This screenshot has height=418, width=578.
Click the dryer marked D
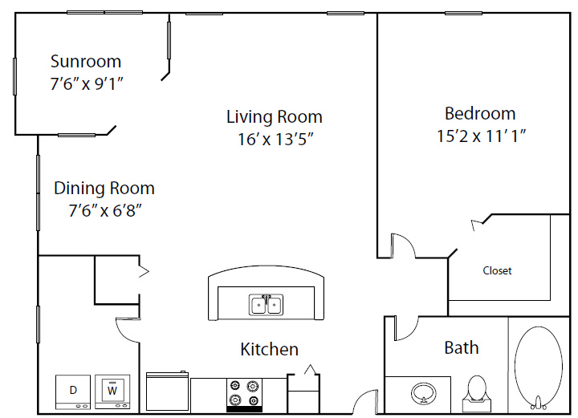pos(73,392)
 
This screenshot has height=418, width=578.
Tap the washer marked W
pos(112,392)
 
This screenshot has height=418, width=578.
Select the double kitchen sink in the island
pos(266,305)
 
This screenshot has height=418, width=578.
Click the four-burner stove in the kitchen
pos(244,395)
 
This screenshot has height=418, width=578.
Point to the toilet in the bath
pos(478,394)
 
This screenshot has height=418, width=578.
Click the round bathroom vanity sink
pos(424,393)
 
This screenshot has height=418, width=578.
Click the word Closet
pos(497,270)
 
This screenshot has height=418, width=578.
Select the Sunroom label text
pos(86,61)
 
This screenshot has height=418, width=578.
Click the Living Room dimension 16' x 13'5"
pos(275,140)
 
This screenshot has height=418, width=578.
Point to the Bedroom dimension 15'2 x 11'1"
pos(481,136)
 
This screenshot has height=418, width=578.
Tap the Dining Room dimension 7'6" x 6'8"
pos(105,211)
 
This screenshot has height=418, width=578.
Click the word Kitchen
pos(270,349)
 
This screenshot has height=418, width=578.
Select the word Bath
pos(462,347)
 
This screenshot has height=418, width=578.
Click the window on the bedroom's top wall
pos(463,14)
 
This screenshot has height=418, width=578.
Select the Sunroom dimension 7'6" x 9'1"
pos(87,84)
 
